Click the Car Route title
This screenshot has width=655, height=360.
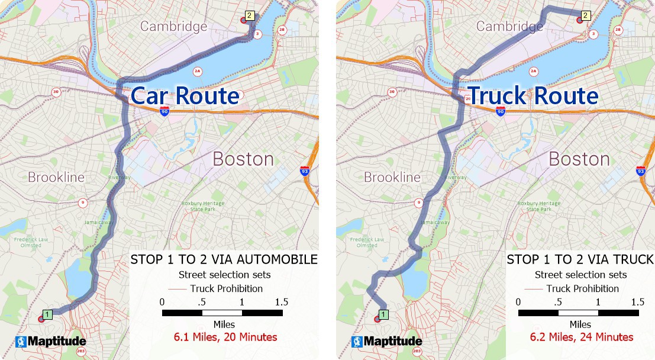(x=184, y=96)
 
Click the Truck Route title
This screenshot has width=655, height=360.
(x=533, y=96)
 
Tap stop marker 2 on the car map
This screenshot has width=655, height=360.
(x=249, y=16)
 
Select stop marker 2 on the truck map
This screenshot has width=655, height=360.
(x=585, y=16)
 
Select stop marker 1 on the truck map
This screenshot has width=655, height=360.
(x=383, y=314)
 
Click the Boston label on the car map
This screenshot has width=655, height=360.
(x=243, y=159)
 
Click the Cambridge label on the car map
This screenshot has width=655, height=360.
(x=174, y=27)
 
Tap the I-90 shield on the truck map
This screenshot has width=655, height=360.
(x=501, y=111)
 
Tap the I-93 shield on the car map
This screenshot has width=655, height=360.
(x=304, y=171)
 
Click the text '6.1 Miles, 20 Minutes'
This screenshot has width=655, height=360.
(x=225, y=337)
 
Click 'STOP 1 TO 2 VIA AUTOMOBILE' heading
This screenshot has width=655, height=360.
(x=224, y=259)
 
